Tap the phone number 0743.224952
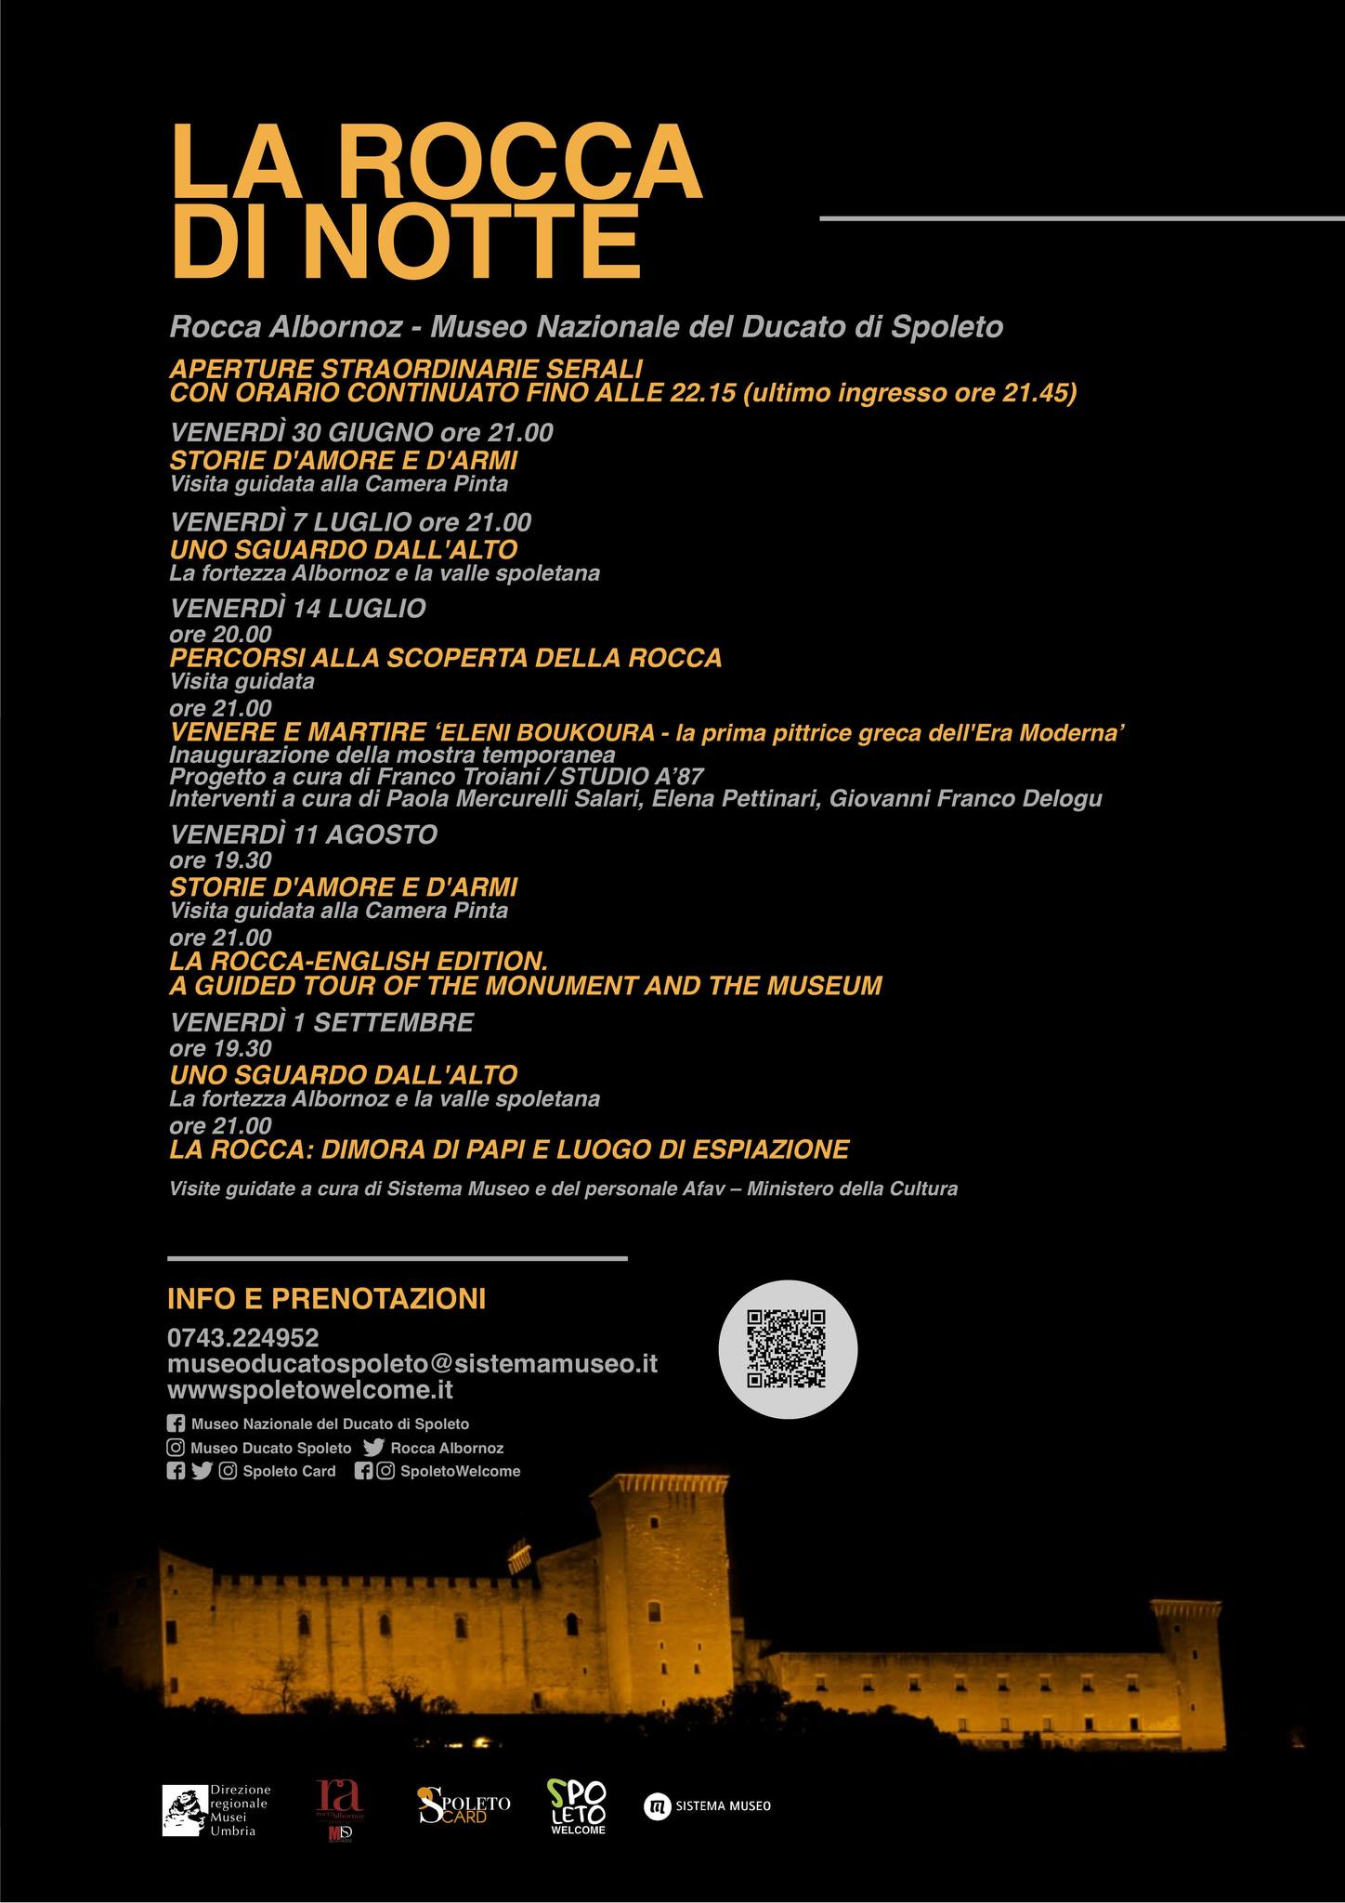[243, 1338]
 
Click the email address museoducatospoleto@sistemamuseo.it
[412, 1364]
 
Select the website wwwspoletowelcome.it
[310, 1390]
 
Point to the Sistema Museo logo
[708, 1806]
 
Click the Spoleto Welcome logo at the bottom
[577, 1806]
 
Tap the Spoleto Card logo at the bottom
[464, 1805]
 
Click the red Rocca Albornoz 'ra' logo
[339, 1807]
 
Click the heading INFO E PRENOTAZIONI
[326, 1298]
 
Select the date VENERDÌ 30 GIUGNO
[302, 432]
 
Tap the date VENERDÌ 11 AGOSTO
[304, 834]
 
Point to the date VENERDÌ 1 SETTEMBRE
[321, 1022]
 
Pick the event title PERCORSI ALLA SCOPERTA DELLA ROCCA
[446, 658]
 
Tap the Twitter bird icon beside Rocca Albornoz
[374, 1448]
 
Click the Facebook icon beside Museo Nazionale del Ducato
[176, 1424]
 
